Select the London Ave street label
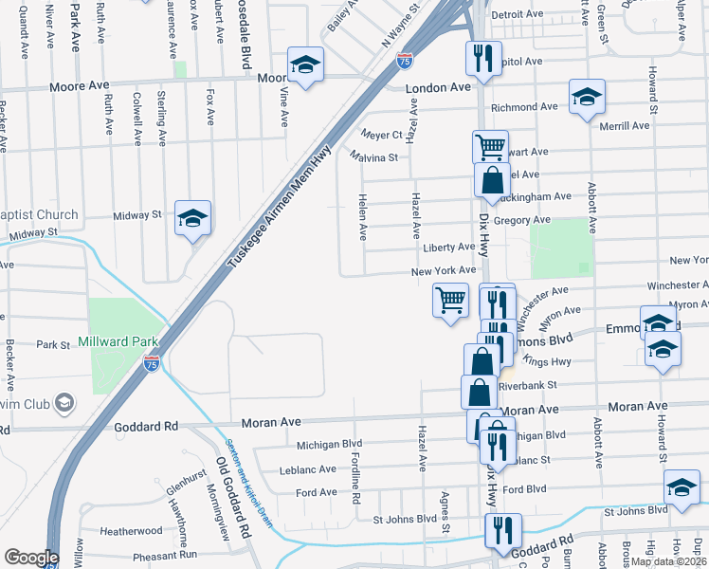point(439,87)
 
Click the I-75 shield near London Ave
point(405,62)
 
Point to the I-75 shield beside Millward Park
point(151,362)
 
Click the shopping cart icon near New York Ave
point(450,301)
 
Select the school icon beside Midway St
point(192,218)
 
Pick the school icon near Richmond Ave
point(587,97)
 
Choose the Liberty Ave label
point(449,247)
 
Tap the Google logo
point(30,558)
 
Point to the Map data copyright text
point(667,561)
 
